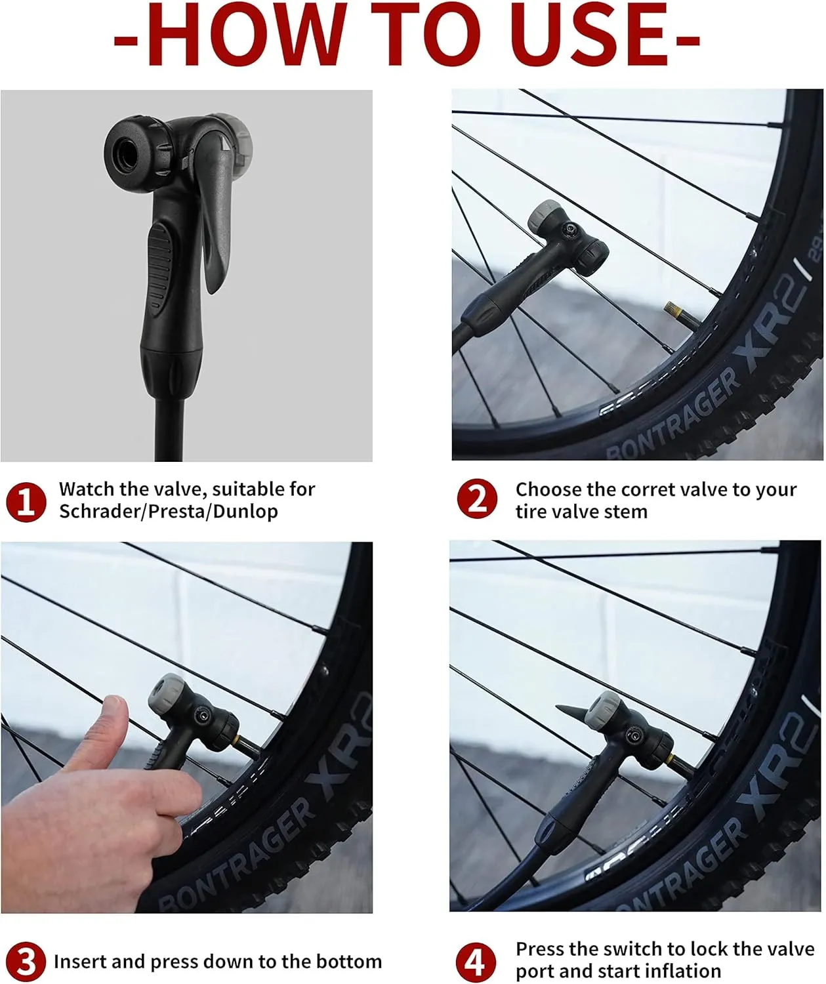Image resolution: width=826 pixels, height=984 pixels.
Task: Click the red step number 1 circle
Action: [26, 501]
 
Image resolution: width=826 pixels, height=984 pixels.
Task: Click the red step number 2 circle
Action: [477, 499]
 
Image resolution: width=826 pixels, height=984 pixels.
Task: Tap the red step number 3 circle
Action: [26, 962]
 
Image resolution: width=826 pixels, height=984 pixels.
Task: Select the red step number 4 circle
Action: [476, 962]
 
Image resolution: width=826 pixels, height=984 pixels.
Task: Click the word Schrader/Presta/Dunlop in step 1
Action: [169, 511]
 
